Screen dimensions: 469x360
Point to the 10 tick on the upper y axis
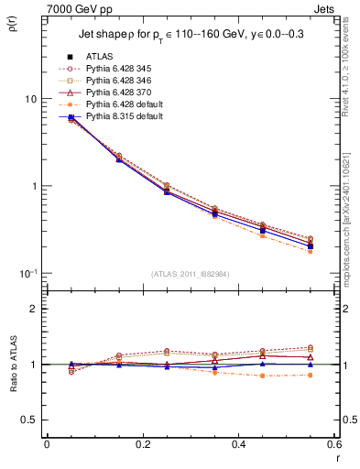pos(29,98)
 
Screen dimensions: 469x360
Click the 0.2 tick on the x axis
pos(142,445)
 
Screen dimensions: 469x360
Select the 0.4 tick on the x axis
pos(238,445)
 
